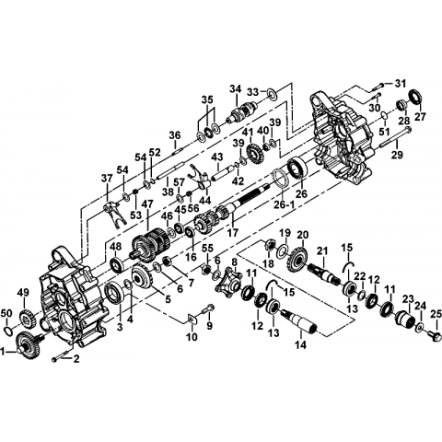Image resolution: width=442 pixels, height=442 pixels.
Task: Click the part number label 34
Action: (237, 90)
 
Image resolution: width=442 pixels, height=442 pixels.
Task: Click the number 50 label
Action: (6, 314)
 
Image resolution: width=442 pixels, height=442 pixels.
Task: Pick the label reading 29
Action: (397, 155)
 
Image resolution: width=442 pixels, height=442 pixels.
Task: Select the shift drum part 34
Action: (241, 112)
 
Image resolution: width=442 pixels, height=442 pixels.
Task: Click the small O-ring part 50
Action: (8, 330)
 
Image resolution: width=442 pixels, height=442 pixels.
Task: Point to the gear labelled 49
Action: (28, 319)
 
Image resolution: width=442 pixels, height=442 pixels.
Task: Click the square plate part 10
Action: (192, 319)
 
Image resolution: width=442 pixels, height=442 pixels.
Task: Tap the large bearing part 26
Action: (297, 169)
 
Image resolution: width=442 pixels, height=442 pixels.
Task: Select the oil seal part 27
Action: (416, 97)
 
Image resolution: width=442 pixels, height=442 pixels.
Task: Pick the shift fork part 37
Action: (113, 215)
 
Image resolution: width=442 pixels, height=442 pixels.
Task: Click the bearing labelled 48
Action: (117, 265)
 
